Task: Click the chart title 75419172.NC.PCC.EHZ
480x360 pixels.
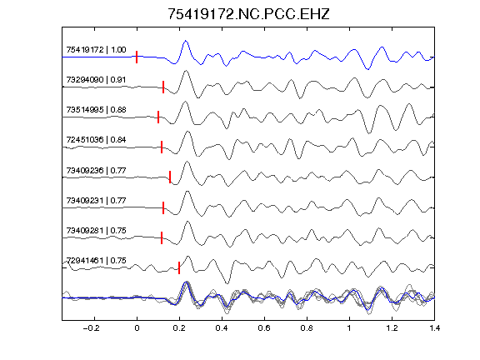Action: (248, 14)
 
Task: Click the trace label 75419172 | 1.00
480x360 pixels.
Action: (96, 50)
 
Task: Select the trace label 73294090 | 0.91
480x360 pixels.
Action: (96, 80)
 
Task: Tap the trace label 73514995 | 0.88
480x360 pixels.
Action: (96, 110)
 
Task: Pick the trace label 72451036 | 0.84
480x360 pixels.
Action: (96, 140)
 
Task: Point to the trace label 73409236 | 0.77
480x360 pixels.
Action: (96, 170)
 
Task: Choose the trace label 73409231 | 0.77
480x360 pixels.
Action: (96, 201)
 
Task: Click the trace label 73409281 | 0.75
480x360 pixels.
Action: (96, 230)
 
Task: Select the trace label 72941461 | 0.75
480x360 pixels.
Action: (96, 261)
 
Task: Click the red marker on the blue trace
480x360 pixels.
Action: (137, 57)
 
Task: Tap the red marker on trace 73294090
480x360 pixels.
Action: (163, 87)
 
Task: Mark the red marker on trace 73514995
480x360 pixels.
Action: (158, 117)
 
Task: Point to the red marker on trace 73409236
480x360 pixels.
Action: (170, 177)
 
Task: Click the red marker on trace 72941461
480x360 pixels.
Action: (179, 267)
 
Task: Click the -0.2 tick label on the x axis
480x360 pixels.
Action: (91, 328)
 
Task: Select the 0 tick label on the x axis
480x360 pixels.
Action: (137, 328)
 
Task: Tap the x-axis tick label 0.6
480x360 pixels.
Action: (264, 328)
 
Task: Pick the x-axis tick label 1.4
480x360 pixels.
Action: (434, 328)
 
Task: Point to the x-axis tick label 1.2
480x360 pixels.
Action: (392, 328)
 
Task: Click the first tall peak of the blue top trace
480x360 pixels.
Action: (185, 41)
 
